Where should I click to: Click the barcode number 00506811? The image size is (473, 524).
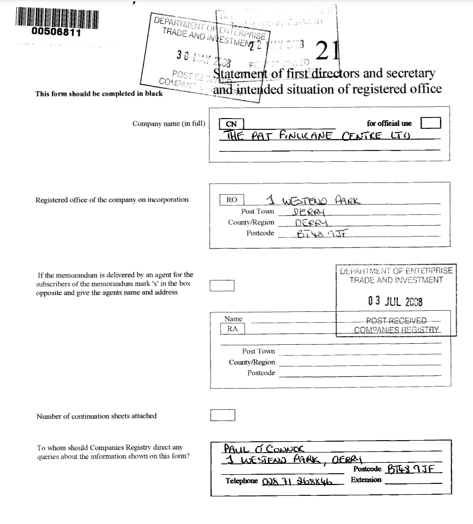[56, 32]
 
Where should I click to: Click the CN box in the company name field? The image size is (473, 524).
[232, 124]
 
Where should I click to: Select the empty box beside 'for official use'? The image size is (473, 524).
[431, 123]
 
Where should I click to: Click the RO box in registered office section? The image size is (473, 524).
[232, 200]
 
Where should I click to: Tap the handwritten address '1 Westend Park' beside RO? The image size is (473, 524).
[317, 200]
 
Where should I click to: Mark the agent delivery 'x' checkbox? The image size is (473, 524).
[222, 286]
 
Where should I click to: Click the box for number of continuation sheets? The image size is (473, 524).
[222, 415]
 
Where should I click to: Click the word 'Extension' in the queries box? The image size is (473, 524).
[366, 480]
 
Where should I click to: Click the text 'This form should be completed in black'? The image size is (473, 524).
[99, 93]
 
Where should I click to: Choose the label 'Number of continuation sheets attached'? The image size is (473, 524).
[96, 416]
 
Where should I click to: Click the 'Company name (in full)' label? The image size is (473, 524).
[169, 123]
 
